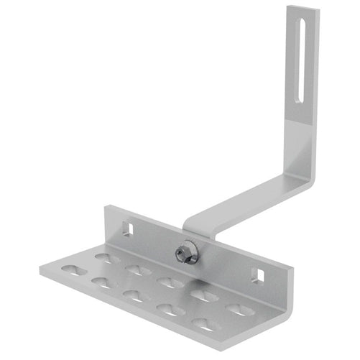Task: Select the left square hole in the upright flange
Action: pos(131,228)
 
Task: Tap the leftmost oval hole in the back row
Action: pos(106,257)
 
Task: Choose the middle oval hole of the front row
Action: pos(132,295)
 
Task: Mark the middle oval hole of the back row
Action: pos(170,282)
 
